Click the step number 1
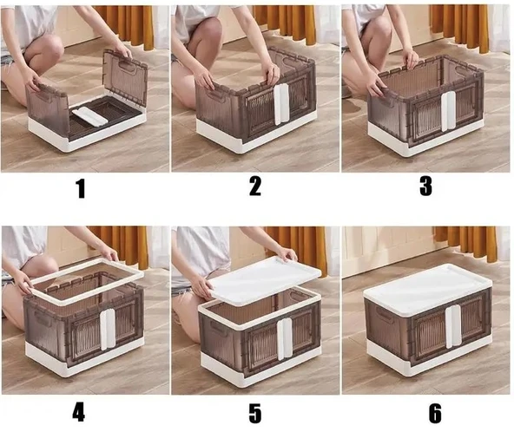pyautogui.click(x=81, y=188)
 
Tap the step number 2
pyautogui.click(x=255, y=186)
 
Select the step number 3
pyautogui.click(x=425, y=186)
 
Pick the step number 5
pyautogui.click(x=255, y=413)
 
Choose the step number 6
pyautogui.click(x=435, y=413)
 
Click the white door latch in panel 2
pyautogui.click(x=281, y=104)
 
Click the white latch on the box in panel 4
pyautogui.click(x=108, y=329)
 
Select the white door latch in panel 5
pyautogui.click(x=285, y=338)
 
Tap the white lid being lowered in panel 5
pyautogui.click(x=265, y=280)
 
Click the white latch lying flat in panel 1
pyautogui.click(x=89, y=116)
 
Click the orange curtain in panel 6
pyautogui.click(x=465, y=243)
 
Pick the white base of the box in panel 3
pyautogui.click(x=423, y=139)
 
